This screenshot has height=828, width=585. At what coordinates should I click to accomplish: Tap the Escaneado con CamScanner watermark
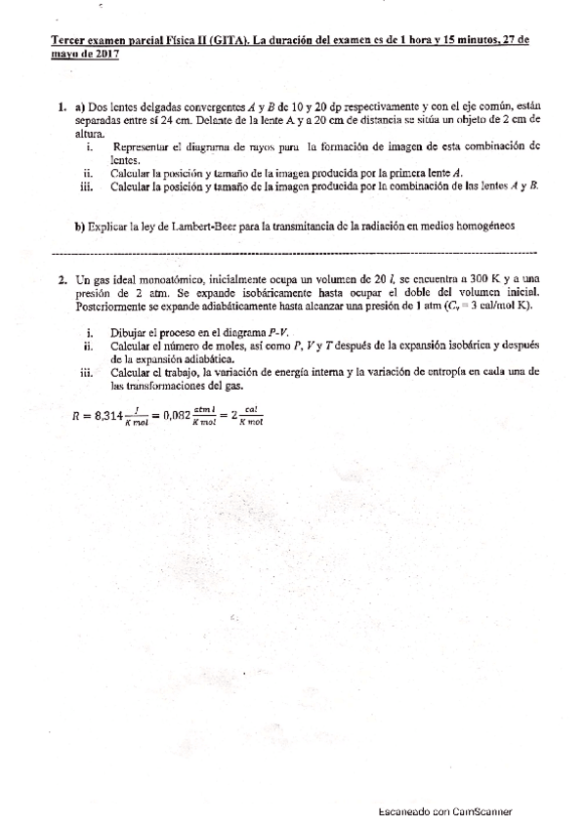(445, 812)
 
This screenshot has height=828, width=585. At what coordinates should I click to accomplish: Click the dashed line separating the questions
(293, 251)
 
